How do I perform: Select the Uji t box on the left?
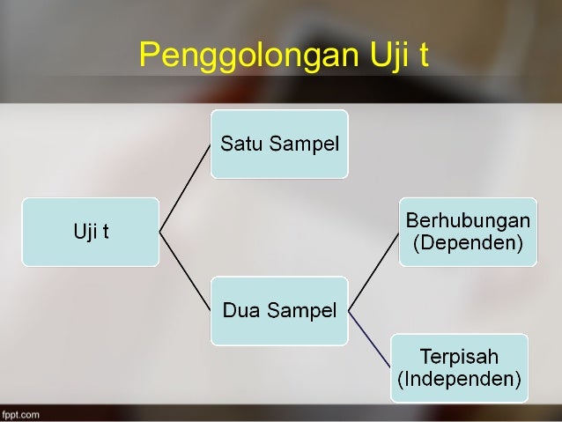(x=91, y=232)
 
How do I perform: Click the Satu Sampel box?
(x=279, y=144)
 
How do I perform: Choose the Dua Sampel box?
(x=279, y=310)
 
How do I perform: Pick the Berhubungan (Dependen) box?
(x=467, y=231)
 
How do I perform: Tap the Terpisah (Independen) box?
(x=460, y=367)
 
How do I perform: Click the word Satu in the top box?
(x=240, y=144)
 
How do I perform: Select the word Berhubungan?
(x=467, y=219)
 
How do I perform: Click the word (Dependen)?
(x=467, y=242)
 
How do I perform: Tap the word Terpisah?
(x=460, y=357)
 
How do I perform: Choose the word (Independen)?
(x=460, y=380)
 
